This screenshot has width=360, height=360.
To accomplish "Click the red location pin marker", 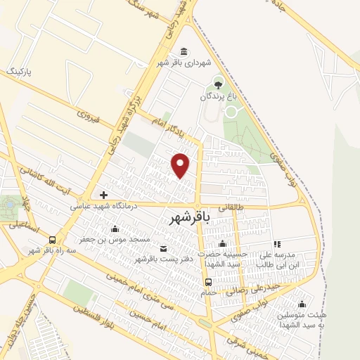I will coord(181,165).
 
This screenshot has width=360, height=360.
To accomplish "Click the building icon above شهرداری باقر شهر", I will coord(184,52).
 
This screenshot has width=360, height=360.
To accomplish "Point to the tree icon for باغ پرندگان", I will coord(217,85).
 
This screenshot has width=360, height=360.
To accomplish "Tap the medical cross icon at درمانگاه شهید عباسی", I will coord(104,195).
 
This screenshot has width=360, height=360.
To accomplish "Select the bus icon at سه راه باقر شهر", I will coord(53,239).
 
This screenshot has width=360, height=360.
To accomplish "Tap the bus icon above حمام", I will coord(208,283).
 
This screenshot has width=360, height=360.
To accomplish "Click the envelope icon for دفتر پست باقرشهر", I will coord(164,249).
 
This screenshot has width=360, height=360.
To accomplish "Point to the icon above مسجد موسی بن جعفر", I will coord(115,229).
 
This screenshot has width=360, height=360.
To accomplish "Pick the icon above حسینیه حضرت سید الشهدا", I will coord(222,243).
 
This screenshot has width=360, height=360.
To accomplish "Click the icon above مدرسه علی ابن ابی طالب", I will coord(277,243).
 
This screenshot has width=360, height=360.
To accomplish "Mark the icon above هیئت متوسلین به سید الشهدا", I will coord(302,304).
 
